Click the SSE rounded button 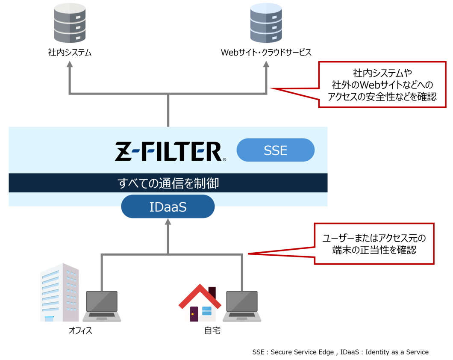coord(275,150)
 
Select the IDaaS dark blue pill coord(168,207)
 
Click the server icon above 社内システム coord(70,24)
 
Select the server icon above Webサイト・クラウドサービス coord(266,24)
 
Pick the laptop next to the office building coord(102,306)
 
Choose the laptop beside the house coord(242,306)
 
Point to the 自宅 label coord(212,331)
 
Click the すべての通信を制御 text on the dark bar coord(168,183)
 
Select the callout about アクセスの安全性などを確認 coord(382,85)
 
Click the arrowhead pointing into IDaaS coord(168,222)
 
